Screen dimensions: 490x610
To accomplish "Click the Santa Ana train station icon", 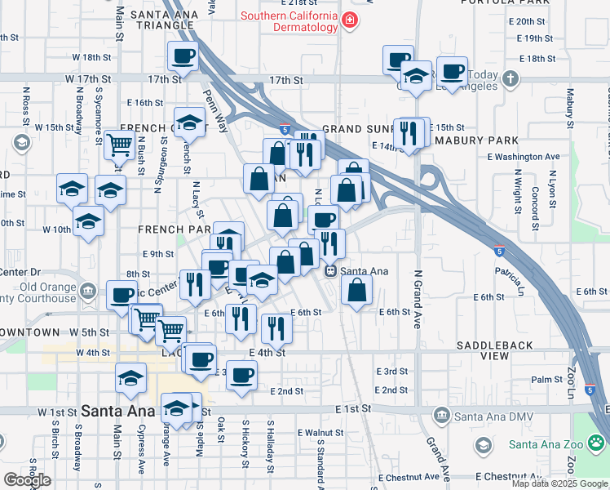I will [x=330, y=271].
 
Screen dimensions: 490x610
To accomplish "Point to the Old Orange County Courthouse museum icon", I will [x=88, y=289].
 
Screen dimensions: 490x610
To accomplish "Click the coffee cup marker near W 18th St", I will [x=183, y=56].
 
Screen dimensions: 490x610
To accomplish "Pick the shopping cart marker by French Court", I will [x=119, y=145].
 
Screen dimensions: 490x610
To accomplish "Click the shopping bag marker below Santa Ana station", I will [x=357, y=289].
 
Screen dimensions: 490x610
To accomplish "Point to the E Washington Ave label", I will [x=523, y=156].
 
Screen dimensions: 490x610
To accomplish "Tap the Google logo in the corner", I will [x=26, y=479].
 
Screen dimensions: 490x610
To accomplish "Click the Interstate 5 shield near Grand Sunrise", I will [x=284, y=129].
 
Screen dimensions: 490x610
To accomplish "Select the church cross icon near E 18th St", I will [x=511, y=79].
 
